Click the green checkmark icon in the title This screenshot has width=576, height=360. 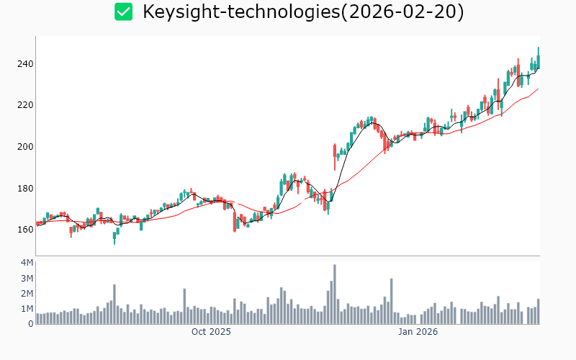124,12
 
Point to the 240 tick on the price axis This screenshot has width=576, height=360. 25,64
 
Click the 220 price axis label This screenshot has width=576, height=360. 25,105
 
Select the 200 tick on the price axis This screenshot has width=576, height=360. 25,147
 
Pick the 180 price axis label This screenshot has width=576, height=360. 25,189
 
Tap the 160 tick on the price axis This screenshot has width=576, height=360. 25,230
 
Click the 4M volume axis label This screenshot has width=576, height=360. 27,262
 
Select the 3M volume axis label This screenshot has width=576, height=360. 27,278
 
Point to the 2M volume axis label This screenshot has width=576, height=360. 27,293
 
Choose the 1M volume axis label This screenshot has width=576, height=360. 27,309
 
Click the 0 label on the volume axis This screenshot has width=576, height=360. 31,324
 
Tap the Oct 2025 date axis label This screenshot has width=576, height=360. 211,332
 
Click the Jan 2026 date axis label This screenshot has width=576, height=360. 418,332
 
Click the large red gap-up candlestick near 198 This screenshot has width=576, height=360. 335,151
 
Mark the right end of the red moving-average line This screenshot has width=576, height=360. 538,89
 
